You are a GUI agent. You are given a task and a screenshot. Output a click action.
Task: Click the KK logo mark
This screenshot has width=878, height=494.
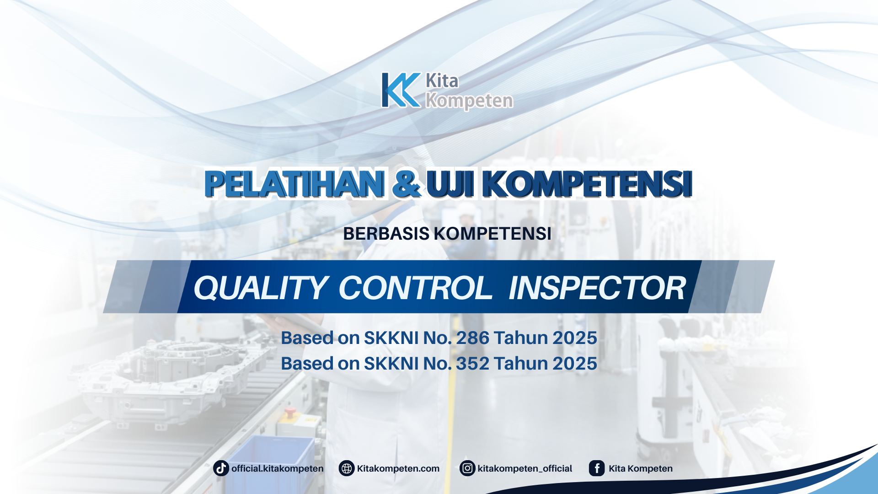401,90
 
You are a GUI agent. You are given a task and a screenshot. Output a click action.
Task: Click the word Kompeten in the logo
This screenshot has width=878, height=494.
469,101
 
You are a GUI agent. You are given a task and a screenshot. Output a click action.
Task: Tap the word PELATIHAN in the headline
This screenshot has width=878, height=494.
294,184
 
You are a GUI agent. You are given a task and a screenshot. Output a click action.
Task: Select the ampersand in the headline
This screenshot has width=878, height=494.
407,184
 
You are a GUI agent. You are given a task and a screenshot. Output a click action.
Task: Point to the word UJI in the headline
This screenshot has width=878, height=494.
450,184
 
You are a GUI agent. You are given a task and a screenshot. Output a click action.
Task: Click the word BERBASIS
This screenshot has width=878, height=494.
386,234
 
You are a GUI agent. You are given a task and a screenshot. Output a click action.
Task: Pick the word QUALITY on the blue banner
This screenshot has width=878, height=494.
261,288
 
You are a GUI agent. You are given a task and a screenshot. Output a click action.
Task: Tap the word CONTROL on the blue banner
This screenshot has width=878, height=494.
415,288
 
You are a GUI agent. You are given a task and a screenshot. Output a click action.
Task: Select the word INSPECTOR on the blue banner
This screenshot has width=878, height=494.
597,288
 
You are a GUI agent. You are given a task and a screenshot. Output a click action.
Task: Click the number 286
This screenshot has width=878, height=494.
472,338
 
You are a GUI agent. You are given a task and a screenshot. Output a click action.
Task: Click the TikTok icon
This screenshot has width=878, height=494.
221,468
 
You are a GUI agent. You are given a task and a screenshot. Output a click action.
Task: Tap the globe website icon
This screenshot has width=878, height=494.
347,468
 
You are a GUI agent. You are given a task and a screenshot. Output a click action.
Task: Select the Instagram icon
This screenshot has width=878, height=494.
467,468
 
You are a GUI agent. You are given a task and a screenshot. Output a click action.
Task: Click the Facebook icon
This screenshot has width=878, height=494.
597,468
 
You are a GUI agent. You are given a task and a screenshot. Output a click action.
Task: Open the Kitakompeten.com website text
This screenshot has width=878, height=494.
398,468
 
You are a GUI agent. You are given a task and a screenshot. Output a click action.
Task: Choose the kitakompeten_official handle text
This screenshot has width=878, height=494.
525,469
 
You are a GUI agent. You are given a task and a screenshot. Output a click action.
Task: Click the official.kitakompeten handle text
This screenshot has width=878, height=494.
277,468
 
